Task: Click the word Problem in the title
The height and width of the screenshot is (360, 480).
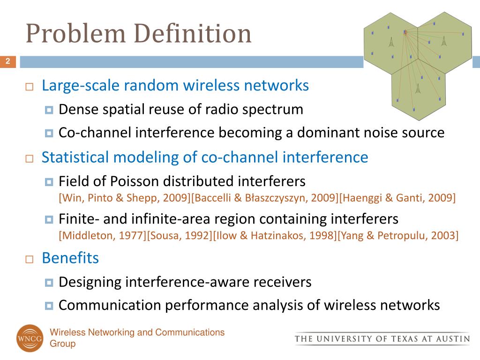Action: [76, 33]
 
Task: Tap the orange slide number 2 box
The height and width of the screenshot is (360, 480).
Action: [8, 61]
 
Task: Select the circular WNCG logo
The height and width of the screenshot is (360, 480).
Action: [30, 338]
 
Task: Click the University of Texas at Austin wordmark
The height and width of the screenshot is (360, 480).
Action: [382, 339]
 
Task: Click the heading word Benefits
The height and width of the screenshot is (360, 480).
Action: [70, 258]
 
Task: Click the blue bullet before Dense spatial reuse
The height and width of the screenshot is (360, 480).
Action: [49, 110]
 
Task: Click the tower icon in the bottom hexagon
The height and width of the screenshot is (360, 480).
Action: [418, 89]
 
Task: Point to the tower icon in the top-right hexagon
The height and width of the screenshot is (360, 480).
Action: [444, 41]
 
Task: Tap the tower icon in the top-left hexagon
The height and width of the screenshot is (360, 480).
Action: [391, 42]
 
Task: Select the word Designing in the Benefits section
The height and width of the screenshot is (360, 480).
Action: [90, 282]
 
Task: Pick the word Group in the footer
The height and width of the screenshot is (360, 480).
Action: [63, 344]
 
